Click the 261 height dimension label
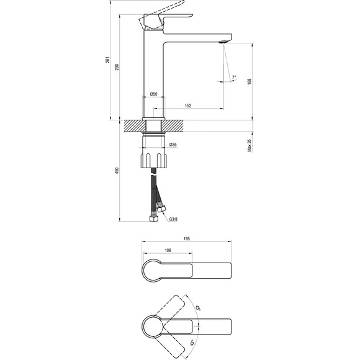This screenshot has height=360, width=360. coord(107,60)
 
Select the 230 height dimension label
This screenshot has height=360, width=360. coord(117,67)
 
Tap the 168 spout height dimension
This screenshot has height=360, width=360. coord(250,81)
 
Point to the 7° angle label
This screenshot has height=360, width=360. coord(234,77)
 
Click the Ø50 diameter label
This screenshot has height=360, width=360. coord(153,94)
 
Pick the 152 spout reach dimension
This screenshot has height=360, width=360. coord(188,106)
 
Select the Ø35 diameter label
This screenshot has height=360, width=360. coord(173,145)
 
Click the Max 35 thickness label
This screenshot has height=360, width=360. coord(250,146)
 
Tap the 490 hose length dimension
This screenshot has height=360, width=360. coord(117,171)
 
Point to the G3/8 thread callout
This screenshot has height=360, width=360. coord(173,219)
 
